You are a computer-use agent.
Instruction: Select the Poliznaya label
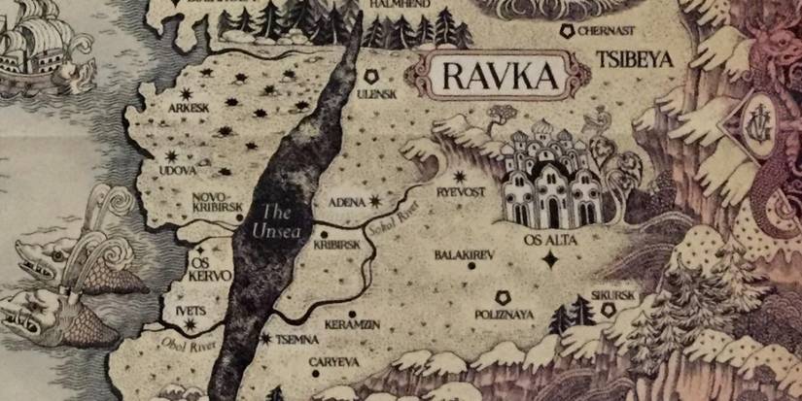pos(506,315)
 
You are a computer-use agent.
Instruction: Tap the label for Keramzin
pos(352,323)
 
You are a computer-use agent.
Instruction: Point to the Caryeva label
pos(334,361)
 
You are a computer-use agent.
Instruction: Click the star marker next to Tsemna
pos(267,338)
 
